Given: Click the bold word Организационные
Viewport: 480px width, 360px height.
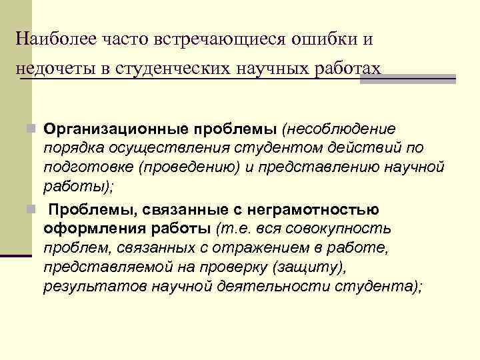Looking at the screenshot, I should [102, 128].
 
